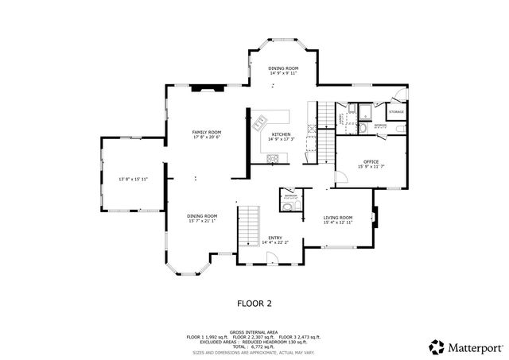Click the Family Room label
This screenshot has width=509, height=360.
[207, 132]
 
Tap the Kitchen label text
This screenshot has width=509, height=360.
[282, 134]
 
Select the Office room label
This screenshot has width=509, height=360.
[371, 161]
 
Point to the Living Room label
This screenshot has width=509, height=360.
[337, 217]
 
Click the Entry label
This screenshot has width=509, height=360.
[276, 237]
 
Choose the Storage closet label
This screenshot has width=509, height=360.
[396, 112]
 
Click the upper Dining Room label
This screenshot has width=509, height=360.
[282, 68]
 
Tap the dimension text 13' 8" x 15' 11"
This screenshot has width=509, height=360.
[134, 180]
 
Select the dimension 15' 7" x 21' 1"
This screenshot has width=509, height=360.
[202, 222]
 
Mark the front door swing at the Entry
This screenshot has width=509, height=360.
[271, 257]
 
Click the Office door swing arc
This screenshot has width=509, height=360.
[341, 177]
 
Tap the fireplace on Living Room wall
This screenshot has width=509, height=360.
[376, 217]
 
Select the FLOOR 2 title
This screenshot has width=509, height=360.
[254, 303]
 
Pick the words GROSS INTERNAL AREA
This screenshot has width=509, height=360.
[254, 331]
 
